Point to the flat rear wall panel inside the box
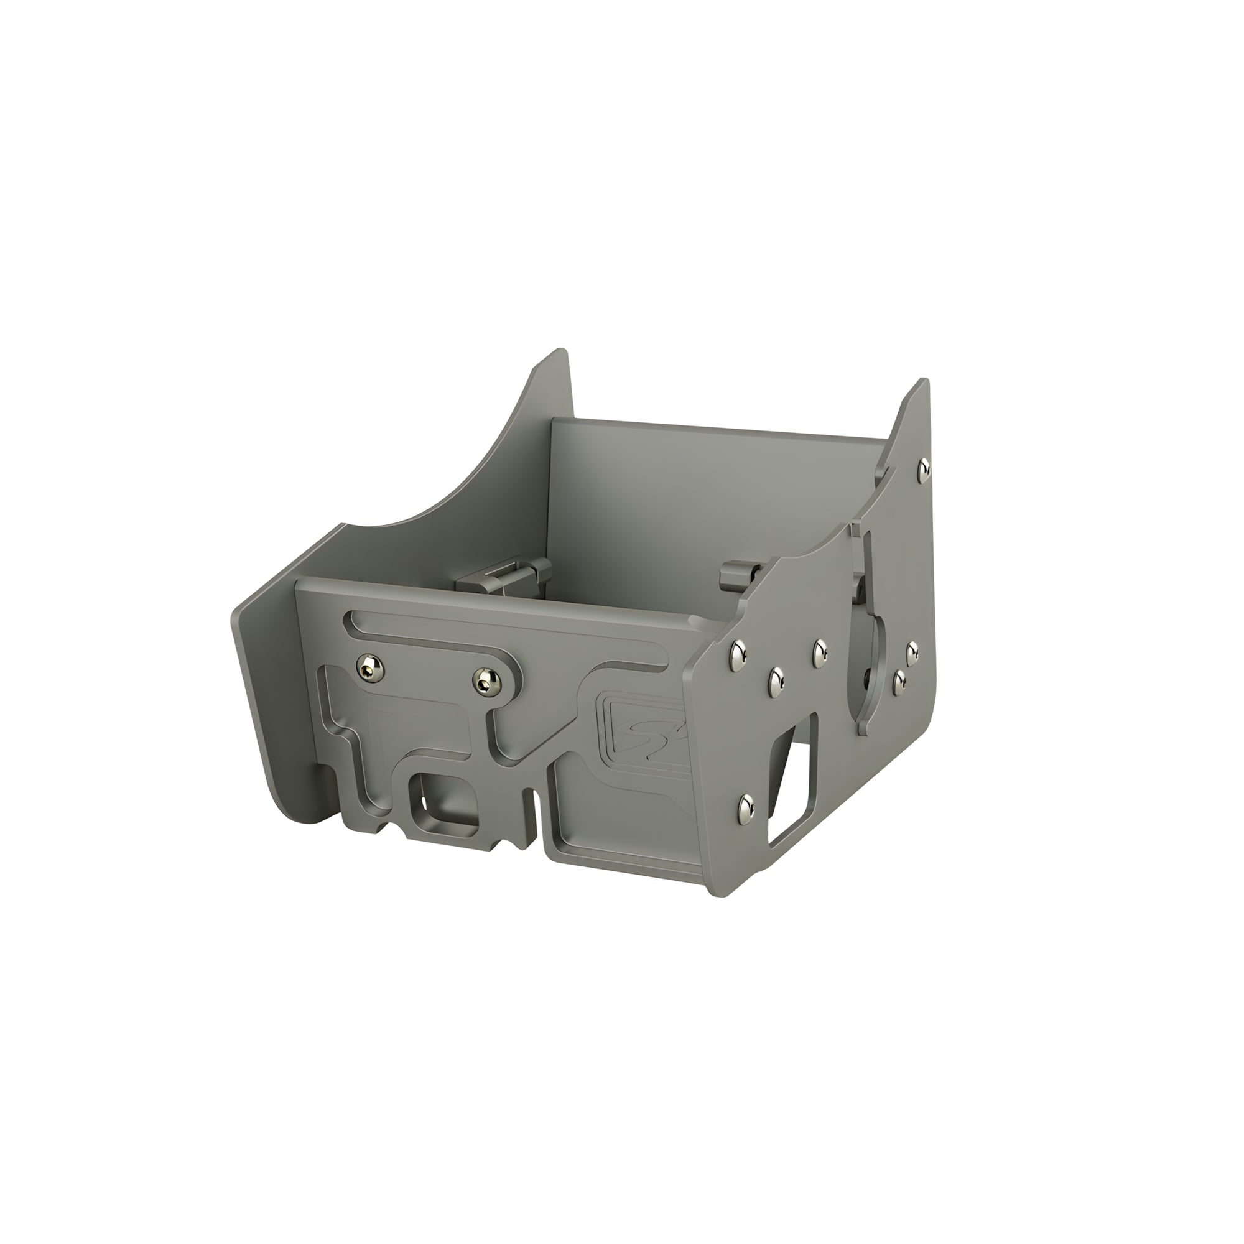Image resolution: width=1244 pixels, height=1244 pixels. point(708,496)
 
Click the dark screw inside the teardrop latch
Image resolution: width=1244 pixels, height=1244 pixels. point(868,676)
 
